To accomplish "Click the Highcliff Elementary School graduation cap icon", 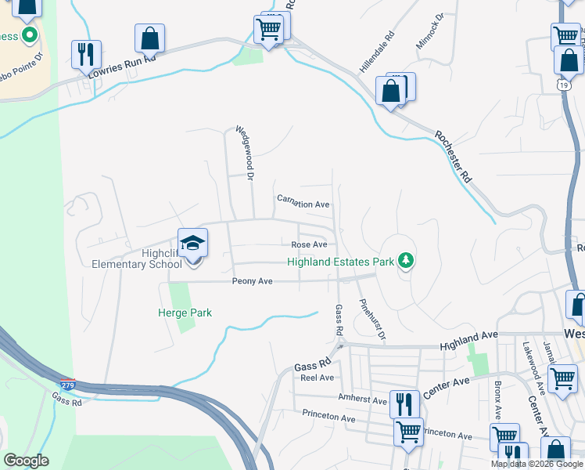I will click(x=192, y=243).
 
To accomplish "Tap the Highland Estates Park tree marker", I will click(x=405, y=259).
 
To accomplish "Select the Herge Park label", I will click(x=185, y=313).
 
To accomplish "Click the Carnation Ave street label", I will click(x=303, y=204).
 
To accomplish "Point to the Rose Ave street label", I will click(x=309, y=244).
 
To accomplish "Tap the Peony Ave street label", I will click(x=252, y=280).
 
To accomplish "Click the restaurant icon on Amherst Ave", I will click(x=404, y=404).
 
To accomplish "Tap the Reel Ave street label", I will click(x=318, y=377).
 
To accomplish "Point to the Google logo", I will click(x=26, y=461).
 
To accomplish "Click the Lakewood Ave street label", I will click(x=535, y=364).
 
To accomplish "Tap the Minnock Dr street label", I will click(x=430, y=31).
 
